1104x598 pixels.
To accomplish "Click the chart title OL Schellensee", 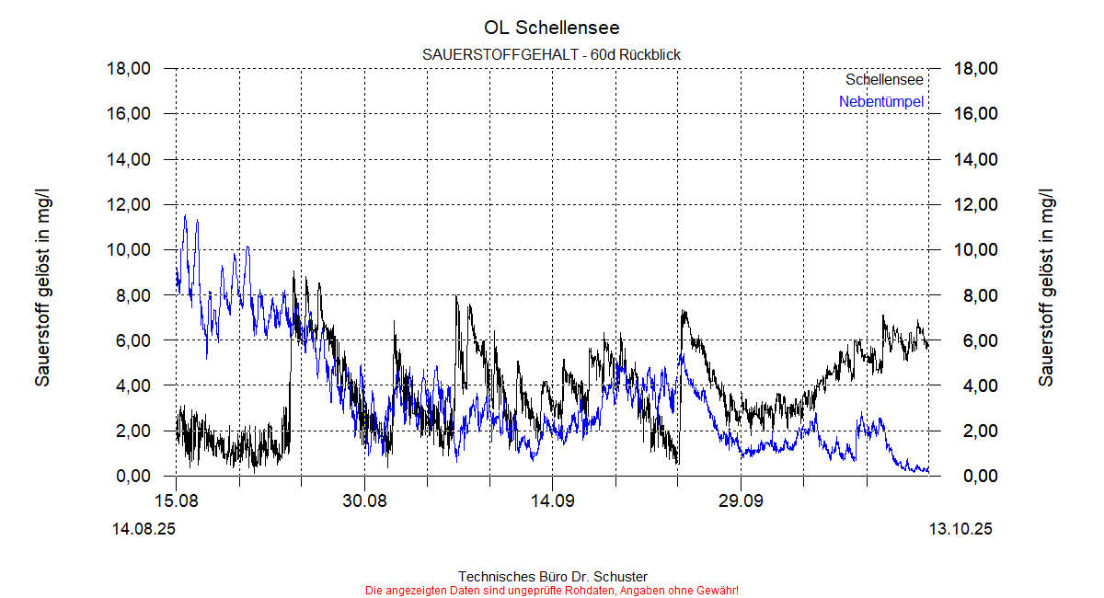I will [x=552, y=28].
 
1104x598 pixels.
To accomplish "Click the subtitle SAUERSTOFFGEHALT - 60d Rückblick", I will [x=552, y=55].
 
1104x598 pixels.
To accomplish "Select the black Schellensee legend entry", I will [x=884, y=80].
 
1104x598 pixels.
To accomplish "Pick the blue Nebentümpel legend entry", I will [x=881, y=102].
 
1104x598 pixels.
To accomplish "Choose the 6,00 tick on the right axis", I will [x=975, y=340].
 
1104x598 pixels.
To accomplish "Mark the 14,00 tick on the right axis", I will [x=975, y=159].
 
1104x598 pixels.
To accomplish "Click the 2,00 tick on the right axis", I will [x=975, y=431].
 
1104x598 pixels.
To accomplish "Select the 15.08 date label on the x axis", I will [x=176, y=500].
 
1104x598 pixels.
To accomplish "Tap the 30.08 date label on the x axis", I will [x=364, y=500].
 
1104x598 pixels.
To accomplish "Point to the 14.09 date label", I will [x=552, y=500].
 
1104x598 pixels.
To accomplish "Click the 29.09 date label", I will [x=741, y=500].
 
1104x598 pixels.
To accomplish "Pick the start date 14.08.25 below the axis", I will [x=144, y=530].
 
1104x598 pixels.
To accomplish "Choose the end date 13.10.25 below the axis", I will [x=960, y=530].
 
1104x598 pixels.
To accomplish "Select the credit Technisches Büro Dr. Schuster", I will [x=552, y=577].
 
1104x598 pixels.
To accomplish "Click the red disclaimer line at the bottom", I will [x=552, y=590].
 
